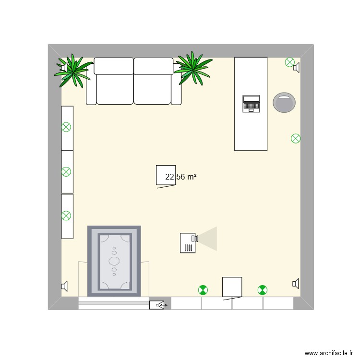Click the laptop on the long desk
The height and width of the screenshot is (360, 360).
coord(251,104)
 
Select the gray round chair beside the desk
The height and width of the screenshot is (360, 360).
coord(284,103)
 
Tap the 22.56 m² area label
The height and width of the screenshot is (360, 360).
coord(181,177)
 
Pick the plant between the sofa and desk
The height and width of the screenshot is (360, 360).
coord(193,68)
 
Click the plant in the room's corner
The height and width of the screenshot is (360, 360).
coord(74,70)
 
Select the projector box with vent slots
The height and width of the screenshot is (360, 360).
coord(188,243)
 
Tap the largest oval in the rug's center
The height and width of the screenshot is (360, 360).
coord(114,261)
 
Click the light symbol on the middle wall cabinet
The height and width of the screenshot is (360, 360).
coord(66,171)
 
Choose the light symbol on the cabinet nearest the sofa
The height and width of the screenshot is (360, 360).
coord(66,128)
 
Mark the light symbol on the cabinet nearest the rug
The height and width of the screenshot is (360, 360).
coord(66,216)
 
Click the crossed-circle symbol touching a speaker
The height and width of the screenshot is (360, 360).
coord(289,62)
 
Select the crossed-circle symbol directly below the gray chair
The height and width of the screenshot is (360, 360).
coord(296,139)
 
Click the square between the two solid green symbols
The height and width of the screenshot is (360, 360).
coord(232,287)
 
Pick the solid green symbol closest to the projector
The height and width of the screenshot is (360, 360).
coord(204,290)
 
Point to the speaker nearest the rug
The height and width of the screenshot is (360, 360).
coord(64,287)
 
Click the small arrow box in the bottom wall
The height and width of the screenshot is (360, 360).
coord(158,304)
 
